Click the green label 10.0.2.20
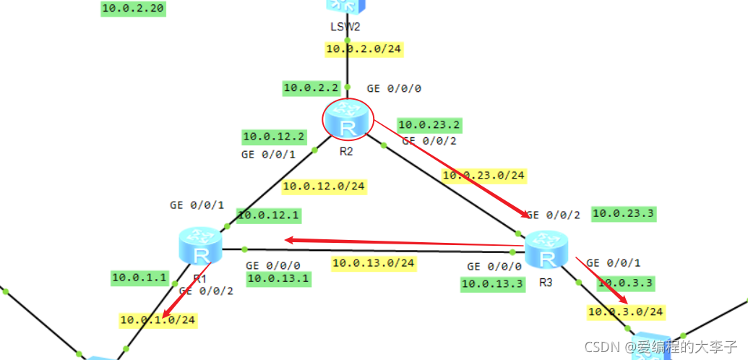[x=132, y=9]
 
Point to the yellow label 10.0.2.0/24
[x=364, y=49]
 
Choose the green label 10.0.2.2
[x=311, y=88]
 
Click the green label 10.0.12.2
[x=274, y=136]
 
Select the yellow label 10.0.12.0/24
[x=324, y=187]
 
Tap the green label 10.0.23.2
[x=429, y=125]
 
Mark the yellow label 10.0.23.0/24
[x=483, y=175]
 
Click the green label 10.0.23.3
[x=623, y=213]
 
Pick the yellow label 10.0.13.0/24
[x=374, y=262]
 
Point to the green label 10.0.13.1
[x=278, y=278]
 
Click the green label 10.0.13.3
[x=492, y=284]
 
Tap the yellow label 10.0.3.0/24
[x=626, y=312]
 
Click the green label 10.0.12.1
[x=268, y=215]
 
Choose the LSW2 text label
[x=344, y=27]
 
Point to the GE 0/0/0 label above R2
[x=394, y=89]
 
